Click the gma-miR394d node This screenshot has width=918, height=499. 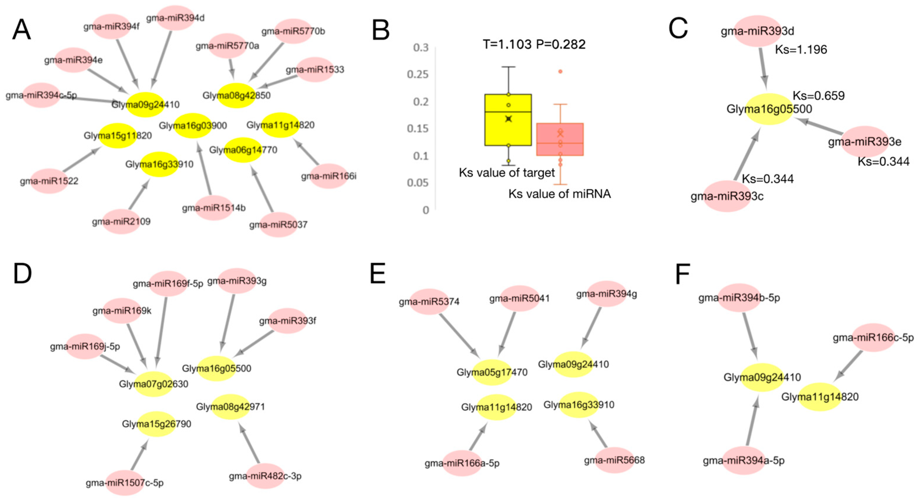click(x=175, y=18)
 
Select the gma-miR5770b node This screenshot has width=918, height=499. click(x=293, y=31)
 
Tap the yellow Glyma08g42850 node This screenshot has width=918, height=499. click(x=236, y=95)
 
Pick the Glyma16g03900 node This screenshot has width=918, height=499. click(x=193, y=125)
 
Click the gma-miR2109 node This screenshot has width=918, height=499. click(x=121, y=221)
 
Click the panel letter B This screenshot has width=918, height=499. click(x=381, y=31)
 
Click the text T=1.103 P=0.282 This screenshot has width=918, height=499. click(x=534, y=44)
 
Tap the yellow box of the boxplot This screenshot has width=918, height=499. click(x=508, y=120)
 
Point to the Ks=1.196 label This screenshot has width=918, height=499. click(x=801, y=50)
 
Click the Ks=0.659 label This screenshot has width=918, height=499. click(x=818, y=95)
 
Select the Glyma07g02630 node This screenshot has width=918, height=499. click(x=153, y=384)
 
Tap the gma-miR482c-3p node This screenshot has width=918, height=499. click(x=265, y=476)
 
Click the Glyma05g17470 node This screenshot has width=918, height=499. click(x=492, y=372)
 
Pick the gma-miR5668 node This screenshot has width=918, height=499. click(x=614, y=460)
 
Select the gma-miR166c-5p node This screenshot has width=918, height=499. click(x=873, y=338)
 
